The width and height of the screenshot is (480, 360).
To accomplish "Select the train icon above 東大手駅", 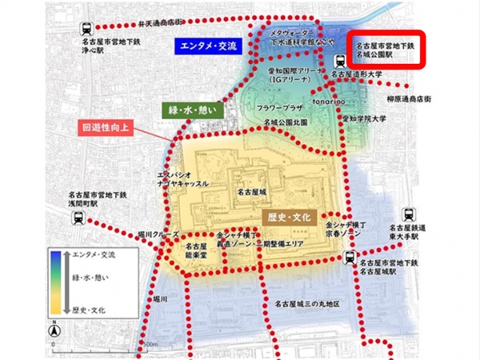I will point(410,214).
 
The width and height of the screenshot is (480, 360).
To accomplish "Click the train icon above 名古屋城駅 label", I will point(350,258).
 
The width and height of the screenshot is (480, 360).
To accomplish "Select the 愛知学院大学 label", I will point(364,118).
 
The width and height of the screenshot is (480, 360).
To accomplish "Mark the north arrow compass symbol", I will point(54,330).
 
